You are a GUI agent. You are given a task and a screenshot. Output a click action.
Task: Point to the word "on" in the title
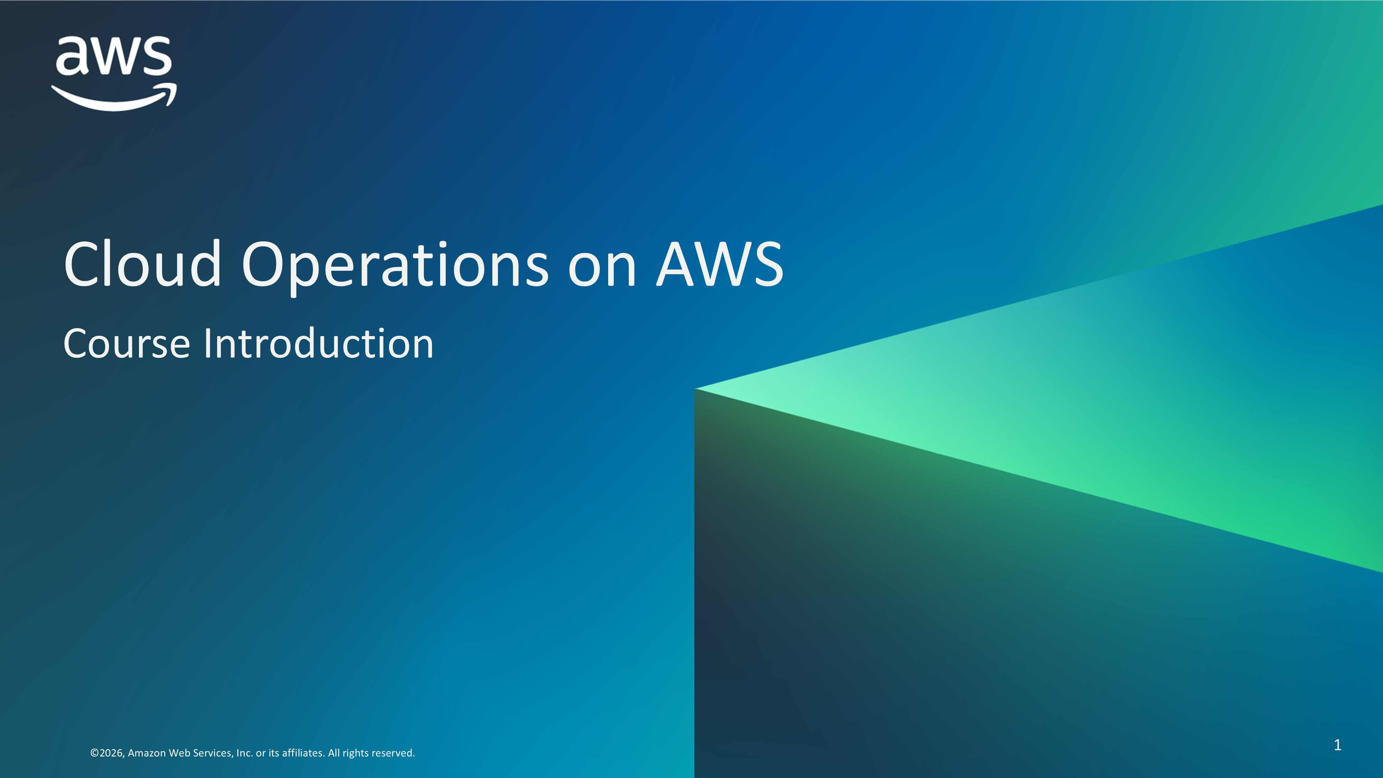click(x=602, y=271)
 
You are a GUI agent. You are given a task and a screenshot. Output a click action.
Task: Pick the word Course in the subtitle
click(x=127, y=344)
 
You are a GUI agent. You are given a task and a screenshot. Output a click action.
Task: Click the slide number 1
click(x=1337, y=745)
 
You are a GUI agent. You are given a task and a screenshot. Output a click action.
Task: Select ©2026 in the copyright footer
click(x=108, y=753)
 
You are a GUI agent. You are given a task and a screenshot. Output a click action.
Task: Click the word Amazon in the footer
click(x=147, y=753)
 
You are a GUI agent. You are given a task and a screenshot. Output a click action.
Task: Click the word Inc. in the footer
click(x=244, y=753)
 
